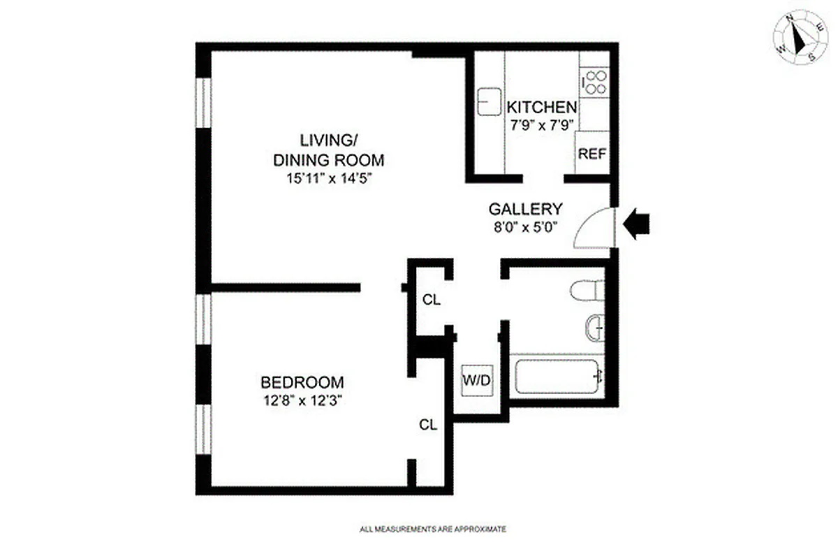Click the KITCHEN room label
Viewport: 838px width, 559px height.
pyautogui.click(x=542, y=108)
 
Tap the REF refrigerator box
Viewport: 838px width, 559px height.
pyautogui.click(x=591, y=154)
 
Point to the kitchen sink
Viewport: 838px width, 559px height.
pyautogui.click(x=486, y=101)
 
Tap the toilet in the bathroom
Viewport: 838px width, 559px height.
pyautogui.click(x=585, y=290)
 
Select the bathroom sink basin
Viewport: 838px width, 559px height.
pyautogui.click(x=594, y=327)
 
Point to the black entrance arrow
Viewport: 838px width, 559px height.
pyautogui.click(x=636, y=225)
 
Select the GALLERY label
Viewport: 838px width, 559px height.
pyautogui.click(x=525, y=208)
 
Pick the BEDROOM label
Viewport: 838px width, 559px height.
pyautogui.click(x=302, y=382)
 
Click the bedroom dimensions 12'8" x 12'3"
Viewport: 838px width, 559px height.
pyautogui.click(x=302, y=401)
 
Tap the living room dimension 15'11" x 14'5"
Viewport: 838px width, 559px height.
pyautogui.click(x=328, y=178)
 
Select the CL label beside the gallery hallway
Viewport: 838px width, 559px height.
pyautogui.click(x=432, y=300)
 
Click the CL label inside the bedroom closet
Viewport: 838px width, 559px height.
pyautogui.click(x=428, y=424)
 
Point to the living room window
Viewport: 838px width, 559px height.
pyautogui.click(x=203, y=103)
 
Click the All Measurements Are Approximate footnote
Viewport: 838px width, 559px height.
pyautogui.click(x=433, y=530)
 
